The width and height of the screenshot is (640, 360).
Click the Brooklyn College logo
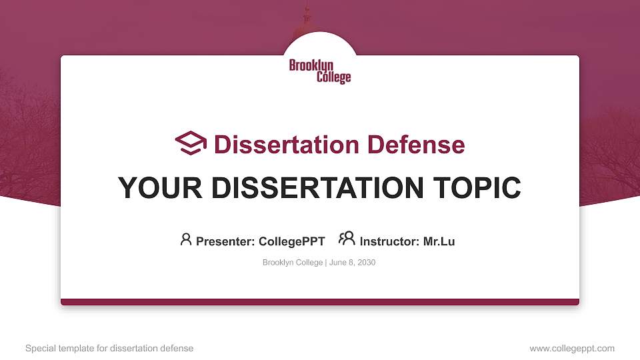click(x=320, y=71)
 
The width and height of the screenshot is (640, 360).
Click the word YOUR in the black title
click(x=154, y=188)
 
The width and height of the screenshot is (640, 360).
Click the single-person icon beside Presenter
click(x=186, y=239)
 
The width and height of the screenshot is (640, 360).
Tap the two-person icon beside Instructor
click(x=347, y=239)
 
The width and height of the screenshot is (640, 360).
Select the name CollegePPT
click(x=291, y=241)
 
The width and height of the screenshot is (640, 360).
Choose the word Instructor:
click(x=390, y=241)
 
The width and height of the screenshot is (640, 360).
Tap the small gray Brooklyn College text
click(x=293, y=263)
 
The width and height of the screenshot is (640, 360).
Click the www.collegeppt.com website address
click(x=571, y=348)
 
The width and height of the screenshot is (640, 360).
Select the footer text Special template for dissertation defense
click(x=109, y=348)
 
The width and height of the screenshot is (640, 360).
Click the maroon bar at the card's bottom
click(x=320, y=302)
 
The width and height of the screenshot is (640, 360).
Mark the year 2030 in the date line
click(x=367, y=263)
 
